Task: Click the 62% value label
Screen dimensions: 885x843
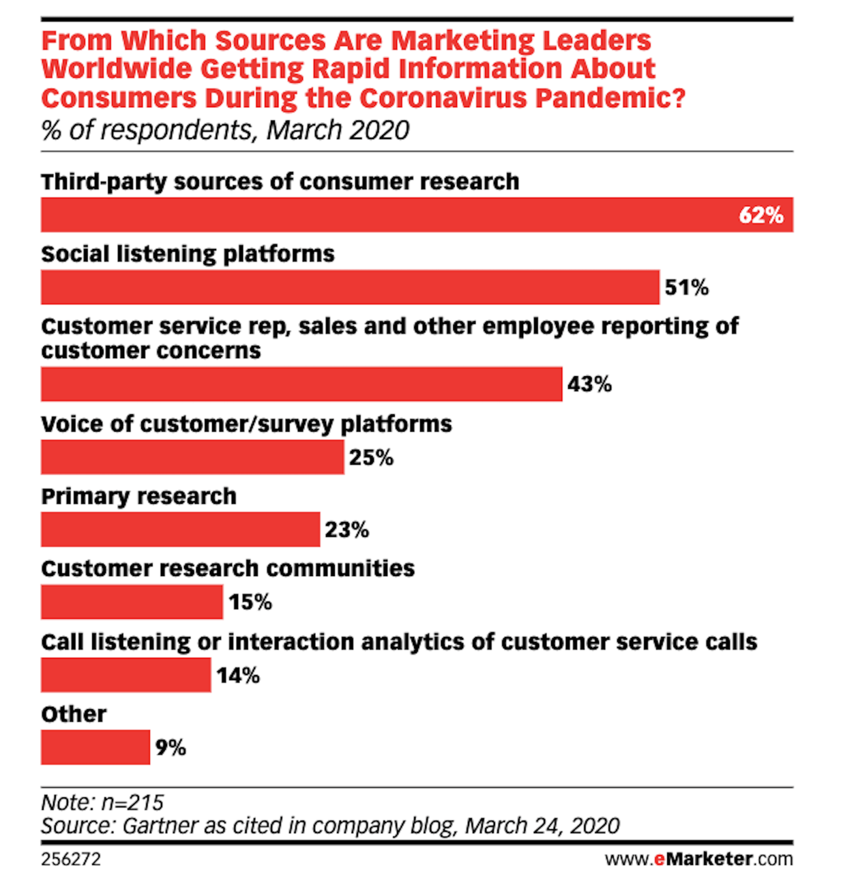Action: coord(761,215)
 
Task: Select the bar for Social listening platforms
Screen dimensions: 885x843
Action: coord(350,287)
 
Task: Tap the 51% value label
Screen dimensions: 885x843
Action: coord(686,287)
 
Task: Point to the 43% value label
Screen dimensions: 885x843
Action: coord(589,384)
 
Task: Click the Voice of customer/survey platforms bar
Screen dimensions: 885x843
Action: coord(192,457)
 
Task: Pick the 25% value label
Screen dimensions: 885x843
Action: coord(371,457)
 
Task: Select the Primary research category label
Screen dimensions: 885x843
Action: coord(139,496)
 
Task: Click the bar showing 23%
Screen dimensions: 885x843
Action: coord(180,529)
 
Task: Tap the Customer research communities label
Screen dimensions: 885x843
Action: coord(228,569)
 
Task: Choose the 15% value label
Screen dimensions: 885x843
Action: coord(250,602)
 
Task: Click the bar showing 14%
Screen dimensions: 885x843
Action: coord(126,675)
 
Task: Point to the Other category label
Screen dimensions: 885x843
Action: coord(74,714)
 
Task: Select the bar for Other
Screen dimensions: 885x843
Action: coord(95,747)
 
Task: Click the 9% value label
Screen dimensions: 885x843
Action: coord(171,747)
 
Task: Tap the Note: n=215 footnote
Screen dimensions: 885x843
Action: coord(103,802)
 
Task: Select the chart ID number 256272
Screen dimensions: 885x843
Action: coord(71,859)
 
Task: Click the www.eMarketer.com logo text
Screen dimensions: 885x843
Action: coord(698,859)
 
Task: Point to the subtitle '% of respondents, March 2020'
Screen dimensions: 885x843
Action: coord(225,130)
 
